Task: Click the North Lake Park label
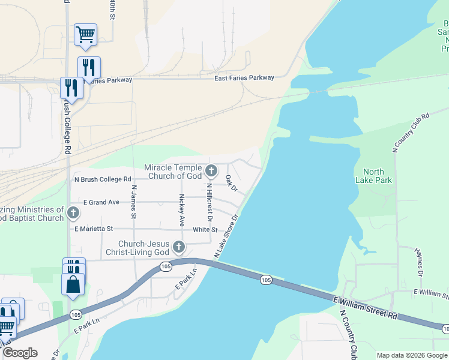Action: [x=373, y=176]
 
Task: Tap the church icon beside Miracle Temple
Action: [x=211, y=172]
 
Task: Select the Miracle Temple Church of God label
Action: [x=173, y=172]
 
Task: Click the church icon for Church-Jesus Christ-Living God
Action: [x=179, y=247]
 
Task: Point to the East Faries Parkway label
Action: [x=244, y=78]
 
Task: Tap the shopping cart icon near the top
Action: [x=85, y=34]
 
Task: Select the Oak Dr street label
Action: [x=232, y=184]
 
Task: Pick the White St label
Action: [x=205, y=230]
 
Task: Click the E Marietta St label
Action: [x=94, y=229]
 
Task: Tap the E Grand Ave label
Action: [x=101, y=202]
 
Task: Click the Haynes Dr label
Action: [x=420, y=264]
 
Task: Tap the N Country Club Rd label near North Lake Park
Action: [x=411, y=133]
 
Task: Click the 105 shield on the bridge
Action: [x=267, y=280]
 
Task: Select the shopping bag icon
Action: [x=73, y=284]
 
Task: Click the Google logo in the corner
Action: [x=20, y=353]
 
